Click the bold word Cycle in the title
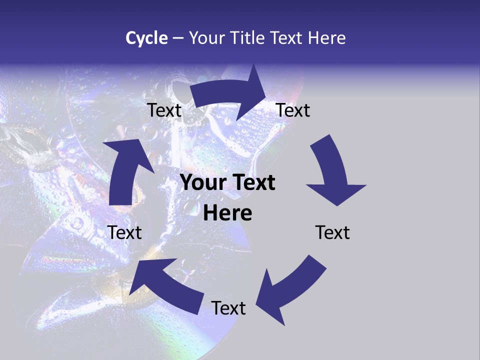tap(146, 38)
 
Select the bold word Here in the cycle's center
tap(227, 213)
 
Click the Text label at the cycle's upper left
tap(164, 110)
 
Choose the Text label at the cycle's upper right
tap(293, 110)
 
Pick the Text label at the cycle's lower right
tap(332, 232)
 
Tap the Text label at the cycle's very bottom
tap(228, 308)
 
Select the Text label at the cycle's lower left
tap(124, 232)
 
